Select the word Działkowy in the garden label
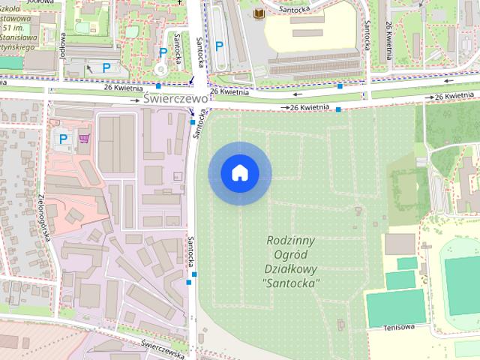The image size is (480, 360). [292, 268]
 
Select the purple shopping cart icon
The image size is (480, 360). [84, 138]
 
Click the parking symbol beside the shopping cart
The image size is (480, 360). [64, 138]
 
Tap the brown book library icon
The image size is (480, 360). [259, 15]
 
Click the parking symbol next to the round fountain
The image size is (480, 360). [163, 52]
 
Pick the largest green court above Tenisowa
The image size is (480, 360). [396, 306]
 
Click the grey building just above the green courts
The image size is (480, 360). [400, 244]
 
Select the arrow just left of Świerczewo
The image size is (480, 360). [136, 99]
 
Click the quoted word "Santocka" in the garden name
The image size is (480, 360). [292, 283]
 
